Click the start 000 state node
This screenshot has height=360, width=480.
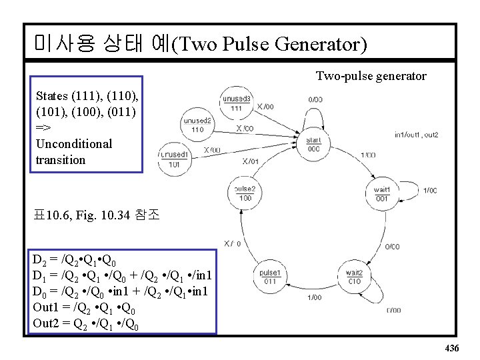313,145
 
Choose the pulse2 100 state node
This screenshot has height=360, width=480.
245,193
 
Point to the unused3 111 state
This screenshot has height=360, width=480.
237,103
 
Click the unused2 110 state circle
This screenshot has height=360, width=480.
197,125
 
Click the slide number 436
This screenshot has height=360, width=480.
451,349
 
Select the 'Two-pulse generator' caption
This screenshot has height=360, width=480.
371,76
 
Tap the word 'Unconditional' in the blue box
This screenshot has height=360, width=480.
74,144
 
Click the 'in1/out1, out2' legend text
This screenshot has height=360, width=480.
416,135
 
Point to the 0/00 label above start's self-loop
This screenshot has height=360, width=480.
316,99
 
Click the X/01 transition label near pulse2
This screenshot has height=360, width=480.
251,161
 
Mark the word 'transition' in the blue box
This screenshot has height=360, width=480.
61,160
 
